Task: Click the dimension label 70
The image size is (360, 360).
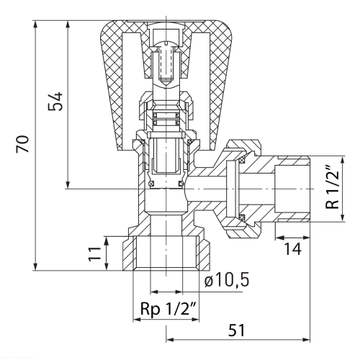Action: coord(22,144)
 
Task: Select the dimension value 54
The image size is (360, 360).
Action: coord(55,101)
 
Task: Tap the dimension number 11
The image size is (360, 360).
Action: coord(95,253)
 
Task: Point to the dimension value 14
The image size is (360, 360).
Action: coord(292,249)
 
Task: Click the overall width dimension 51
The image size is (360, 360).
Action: coord(236,330)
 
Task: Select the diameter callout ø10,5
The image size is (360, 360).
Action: coord(227,280)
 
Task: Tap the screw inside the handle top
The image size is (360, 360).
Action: coord(166,63)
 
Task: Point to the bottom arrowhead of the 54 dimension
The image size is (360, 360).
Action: coord(68,184)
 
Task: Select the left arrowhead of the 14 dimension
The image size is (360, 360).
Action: coord(279,238)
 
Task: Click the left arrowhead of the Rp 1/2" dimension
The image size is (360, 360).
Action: coord(138,320)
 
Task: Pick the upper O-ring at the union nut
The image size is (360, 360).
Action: coord(242,159)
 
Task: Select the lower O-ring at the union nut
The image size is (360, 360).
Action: coord(242,217)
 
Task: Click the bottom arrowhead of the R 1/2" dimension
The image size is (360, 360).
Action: coord(343,217)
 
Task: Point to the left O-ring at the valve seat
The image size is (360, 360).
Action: coord(151,184)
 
